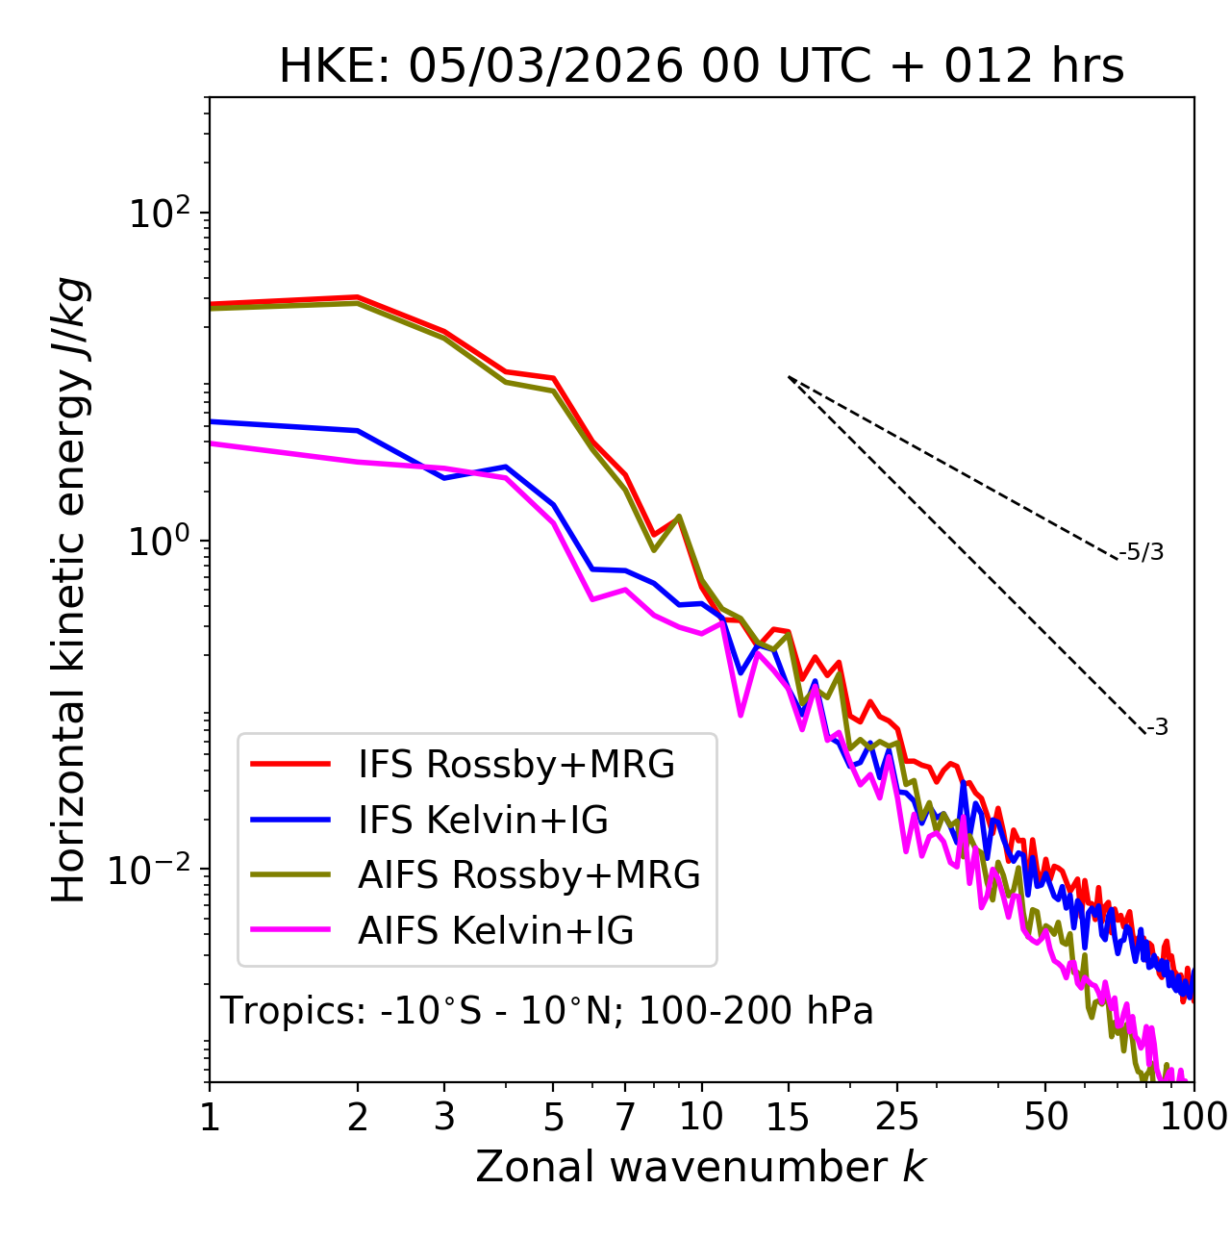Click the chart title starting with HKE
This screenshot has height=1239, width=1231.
701,67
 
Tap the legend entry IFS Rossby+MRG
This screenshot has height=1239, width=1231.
515,765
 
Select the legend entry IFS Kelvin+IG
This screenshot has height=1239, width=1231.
483,821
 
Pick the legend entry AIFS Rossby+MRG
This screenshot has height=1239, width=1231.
529,875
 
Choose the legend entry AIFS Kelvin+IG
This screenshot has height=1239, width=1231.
495,931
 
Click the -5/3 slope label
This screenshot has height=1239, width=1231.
1142,552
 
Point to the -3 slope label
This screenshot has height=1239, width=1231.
1157,728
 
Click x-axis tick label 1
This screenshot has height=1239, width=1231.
210,1117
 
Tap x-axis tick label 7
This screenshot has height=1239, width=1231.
625,1117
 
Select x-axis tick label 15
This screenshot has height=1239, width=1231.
788,1117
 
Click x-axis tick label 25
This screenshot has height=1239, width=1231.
897,1117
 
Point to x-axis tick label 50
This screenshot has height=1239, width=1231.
1045,1117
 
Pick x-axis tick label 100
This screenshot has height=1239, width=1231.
1193,1117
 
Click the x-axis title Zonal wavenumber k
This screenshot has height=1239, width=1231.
700,1167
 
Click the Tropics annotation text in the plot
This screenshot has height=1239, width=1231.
546,1011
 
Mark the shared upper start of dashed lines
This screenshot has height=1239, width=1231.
789,376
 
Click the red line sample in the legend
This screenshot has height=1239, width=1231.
290,765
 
